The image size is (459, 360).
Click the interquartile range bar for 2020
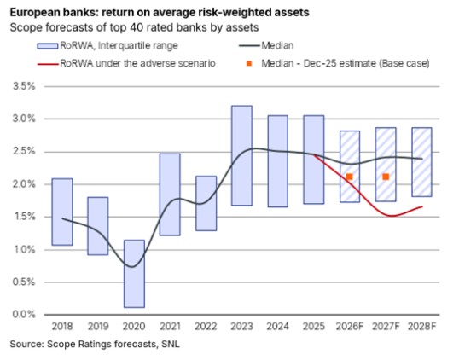coord(134,274)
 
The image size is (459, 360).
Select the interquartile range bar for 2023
coord(241,155)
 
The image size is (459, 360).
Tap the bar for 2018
coord(62,212)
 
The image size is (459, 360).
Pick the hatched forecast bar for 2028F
coord(421,162)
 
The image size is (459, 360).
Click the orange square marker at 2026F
coord(349,177)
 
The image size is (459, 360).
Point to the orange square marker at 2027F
coord(386,177)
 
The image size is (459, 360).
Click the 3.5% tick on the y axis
coord(24,86)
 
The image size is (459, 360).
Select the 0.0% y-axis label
coord(24,314)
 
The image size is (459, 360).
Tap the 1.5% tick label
coord(24,217)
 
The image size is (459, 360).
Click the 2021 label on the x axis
coord(170,327)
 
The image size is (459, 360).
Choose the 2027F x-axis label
coord(386,327)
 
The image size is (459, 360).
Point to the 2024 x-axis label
coord(277,327)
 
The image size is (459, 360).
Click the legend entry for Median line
coord(266,46)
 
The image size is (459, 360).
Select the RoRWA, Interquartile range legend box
coord(48,46)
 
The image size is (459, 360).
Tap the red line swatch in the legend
coord(48,64)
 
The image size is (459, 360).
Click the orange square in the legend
coord(249,63)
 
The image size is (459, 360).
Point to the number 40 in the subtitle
coord(133,27)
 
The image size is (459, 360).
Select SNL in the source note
coord(171,344)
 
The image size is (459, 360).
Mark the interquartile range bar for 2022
coord(206,203)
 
